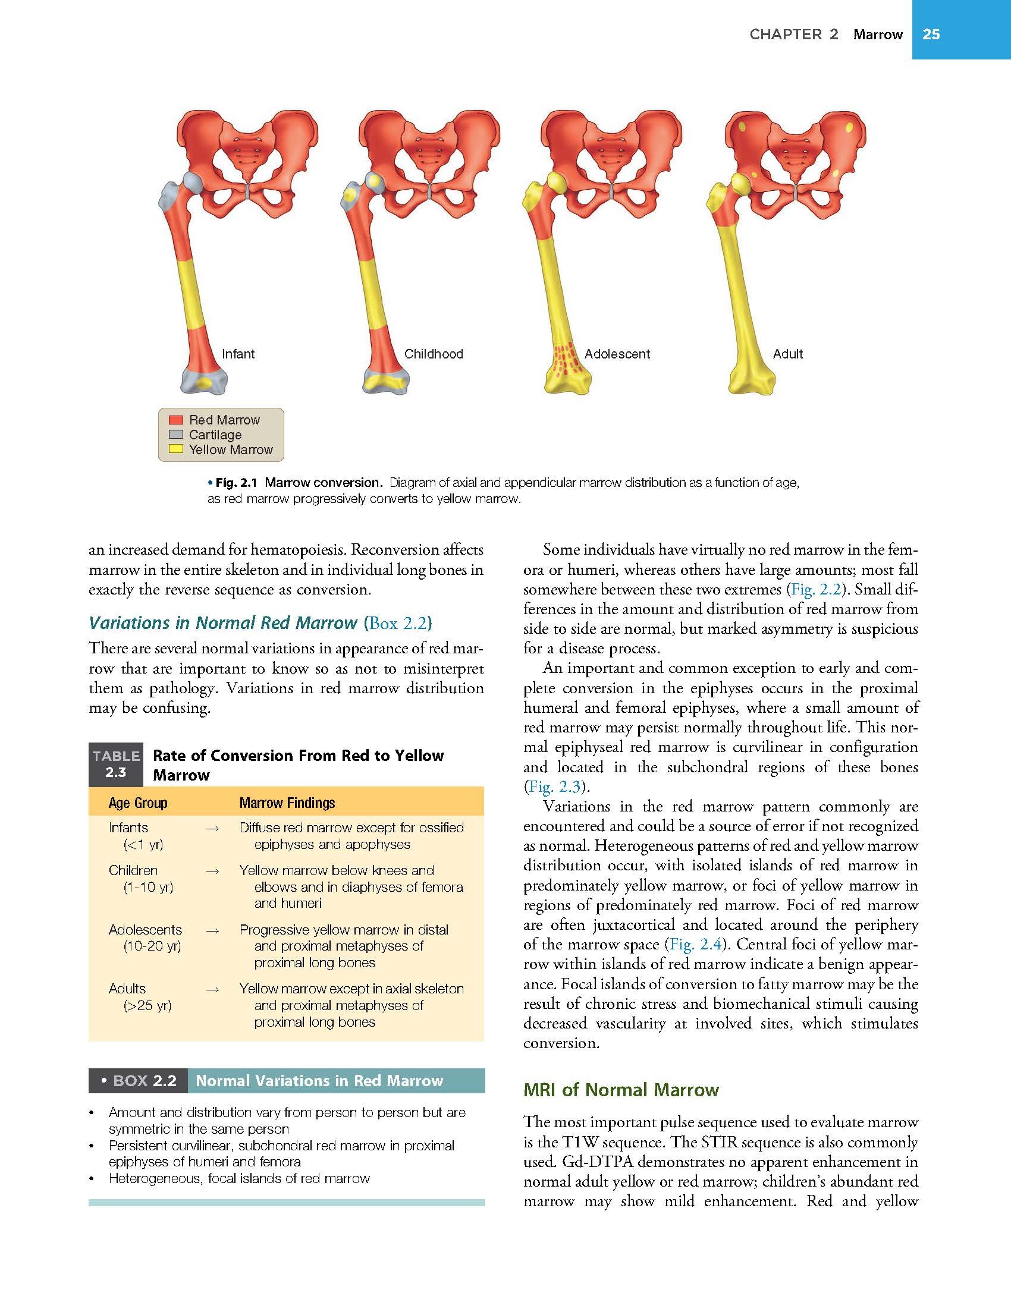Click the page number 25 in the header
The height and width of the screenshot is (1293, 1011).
931,34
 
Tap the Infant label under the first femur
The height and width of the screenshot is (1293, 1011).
238,354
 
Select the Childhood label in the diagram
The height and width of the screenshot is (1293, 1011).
434,354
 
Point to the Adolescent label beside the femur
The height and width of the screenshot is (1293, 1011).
617,354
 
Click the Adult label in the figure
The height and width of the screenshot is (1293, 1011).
787,354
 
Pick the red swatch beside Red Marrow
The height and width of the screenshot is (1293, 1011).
175,420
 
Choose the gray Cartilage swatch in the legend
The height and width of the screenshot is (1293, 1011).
175,435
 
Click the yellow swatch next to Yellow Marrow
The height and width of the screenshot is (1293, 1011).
175,449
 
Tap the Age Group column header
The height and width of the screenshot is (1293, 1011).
138,803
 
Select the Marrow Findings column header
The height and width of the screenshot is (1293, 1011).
287,803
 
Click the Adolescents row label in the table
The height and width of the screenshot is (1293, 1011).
145,930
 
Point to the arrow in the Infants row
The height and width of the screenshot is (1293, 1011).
212,828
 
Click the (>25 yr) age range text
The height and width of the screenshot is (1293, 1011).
147,1006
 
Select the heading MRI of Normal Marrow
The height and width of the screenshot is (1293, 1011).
621,1090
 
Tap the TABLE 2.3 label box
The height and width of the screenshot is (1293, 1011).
115,764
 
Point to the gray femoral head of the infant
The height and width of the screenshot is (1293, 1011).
194,181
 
